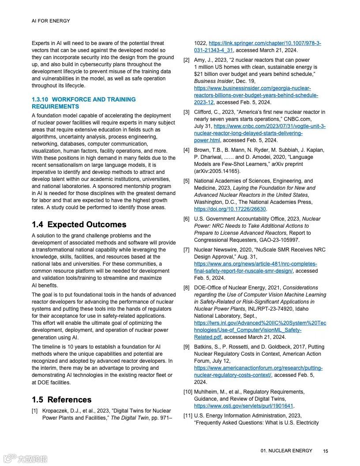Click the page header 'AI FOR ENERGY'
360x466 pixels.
point(51,21)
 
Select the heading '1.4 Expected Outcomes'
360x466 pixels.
point(79,225)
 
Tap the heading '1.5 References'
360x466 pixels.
point(62,400)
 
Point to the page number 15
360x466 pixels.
point(326,451)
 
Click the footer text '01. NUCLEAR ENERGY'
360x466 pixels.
point(286,451)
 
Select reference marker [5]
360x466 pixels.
point(187,181)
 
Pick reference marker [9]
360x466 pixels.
point(187,347)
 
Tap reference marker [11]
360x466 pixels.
point(188,416)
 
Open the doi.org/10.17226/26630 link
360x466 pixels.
point(230,209)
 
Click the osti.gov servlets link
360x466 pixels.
point(244,406)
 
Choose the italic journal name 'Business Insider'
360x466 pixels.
point(214,81)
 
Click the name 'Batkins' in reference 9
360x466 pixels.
point(203,347)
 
